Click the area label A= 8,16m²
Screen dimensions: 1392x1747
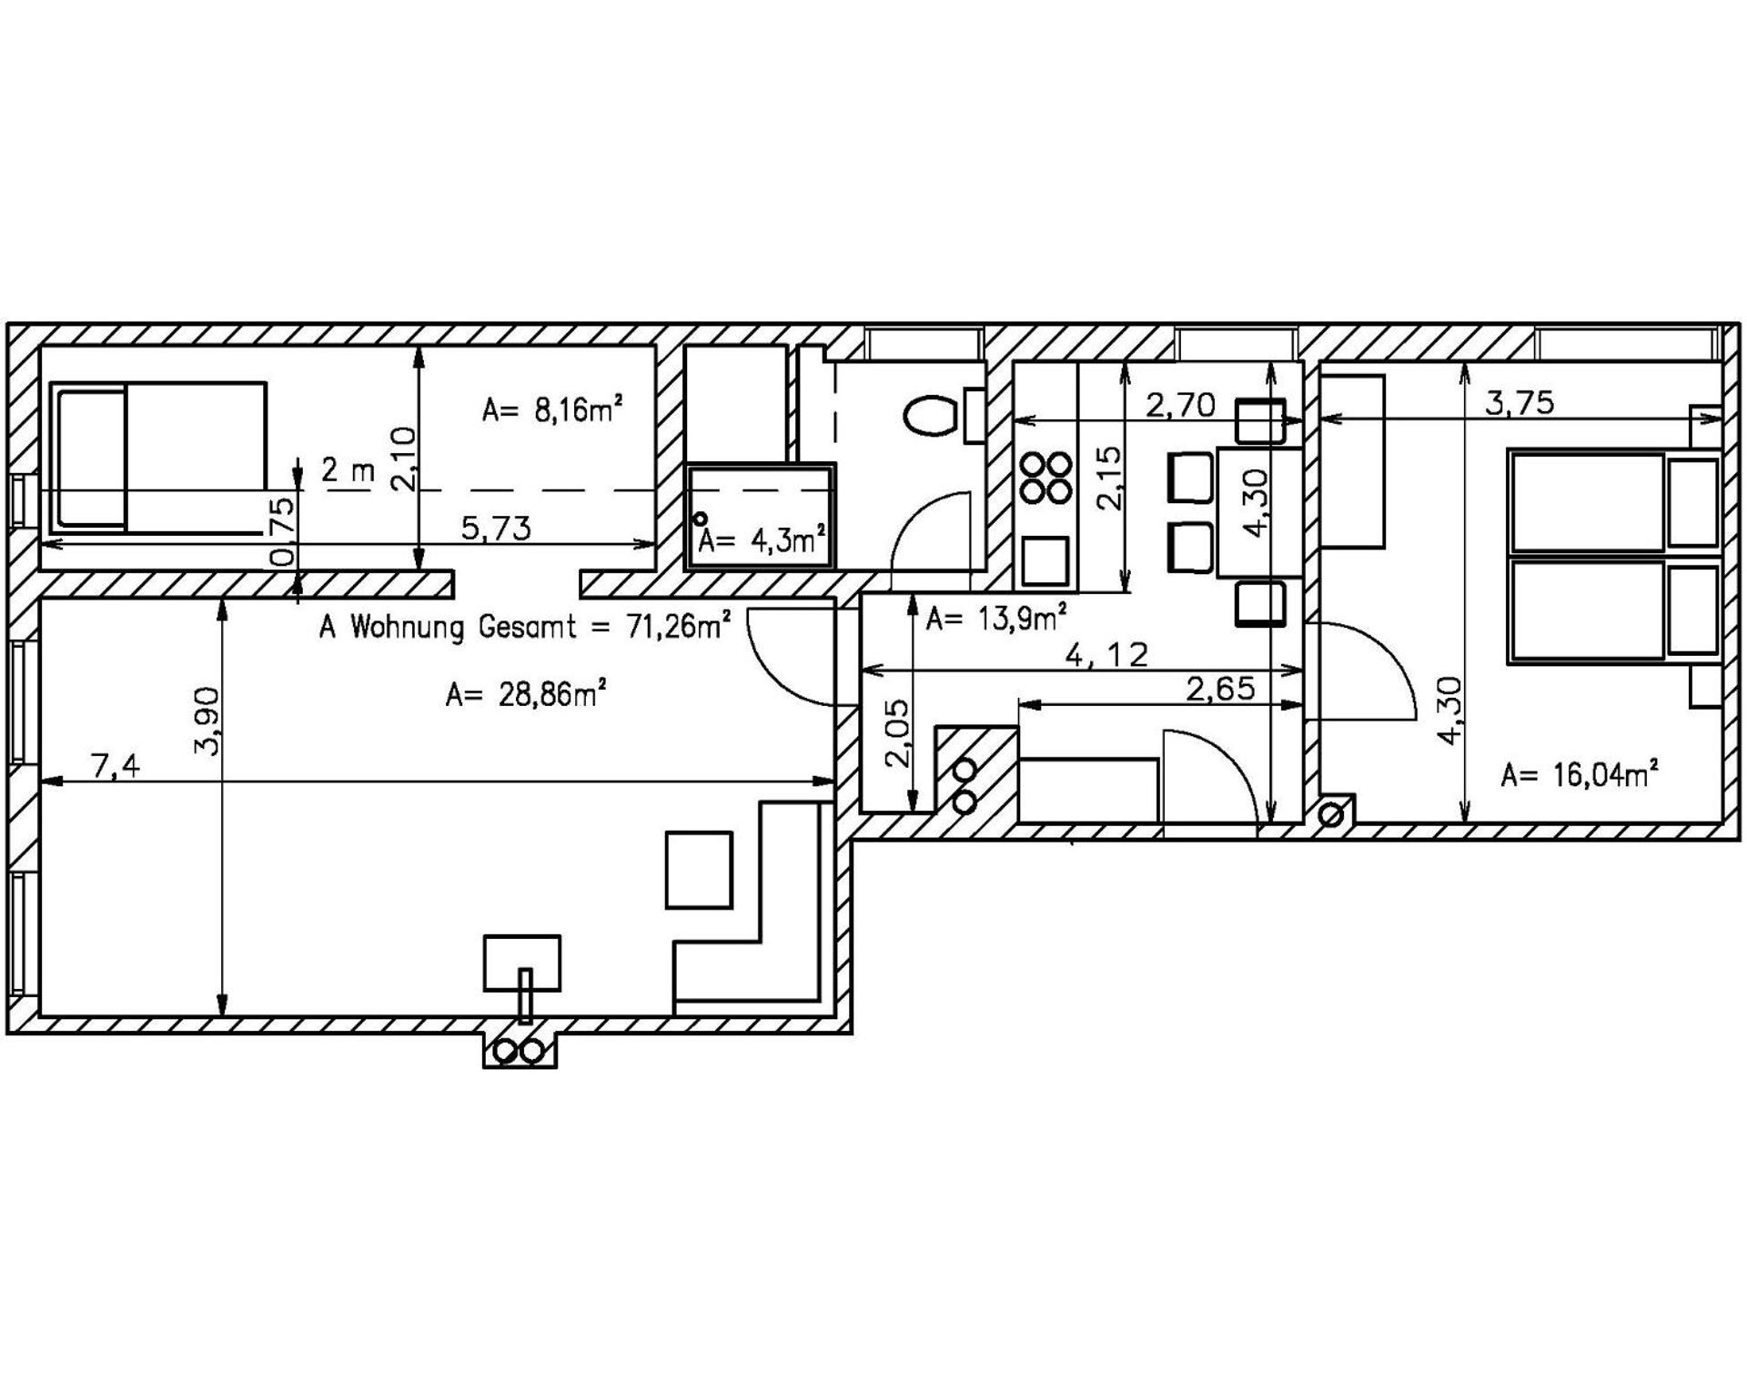551,410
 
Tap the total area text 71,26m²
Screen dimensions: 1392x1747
678,626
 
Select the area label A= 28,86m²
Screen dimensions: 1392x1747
526,695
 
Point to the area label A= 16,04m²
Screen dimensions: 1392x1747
1579,775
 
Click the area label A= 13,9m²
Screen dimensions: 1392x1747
995,620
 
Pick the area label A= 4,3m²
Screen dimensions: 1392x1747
762,541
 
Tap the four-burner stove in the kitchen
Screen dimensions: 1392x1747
1045,478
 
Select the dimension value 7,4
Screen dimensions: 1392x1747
116,767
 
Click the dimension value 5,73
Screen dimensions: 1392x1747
496,528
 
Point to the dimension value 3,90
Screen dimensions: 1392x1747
207,721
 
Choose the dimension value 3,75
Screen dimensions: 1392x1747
1520,402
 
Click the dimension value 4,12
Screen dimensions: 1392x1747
1106,654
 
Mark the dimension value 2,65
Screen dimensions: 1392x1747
1220,689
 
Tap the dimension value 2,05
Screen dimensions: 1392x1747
898,733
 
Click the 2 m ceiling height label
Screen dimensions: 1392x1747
348,471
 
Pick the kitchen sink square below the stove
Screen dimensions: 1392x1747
1045,560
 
